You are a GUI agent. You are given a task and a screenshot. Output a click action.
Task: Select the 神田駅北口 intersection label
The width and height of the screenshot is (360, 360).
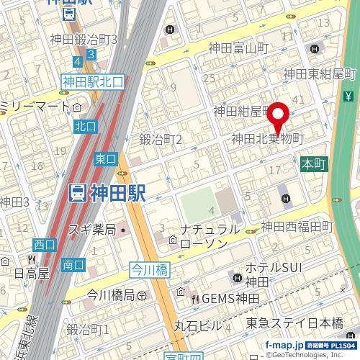(x=93, y=82)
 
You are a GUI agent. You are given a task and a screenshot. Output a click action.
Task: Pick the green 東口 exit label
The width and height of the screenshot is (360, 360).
(x=105, y=159)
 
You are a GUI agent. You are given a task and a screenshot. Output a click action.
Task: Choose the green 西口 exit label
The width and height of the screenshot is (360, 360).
(x=45, y=245)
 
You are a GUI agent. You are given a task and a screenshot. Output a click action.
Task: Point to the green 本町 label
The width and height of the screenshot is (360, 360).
(x=314, y=163)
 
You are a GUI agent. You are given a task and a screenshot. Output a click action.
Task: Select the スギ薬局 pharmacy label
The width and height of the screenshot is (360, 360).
(x=91, y=230)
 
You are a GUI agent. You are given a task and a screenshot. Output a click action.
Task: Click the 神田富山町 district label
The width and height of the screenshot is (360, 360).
(x=238, y=48)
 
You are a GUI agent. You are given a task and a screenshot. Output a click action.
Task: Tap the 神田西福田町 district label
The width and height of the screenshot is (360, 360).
(x=298, y=226)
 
